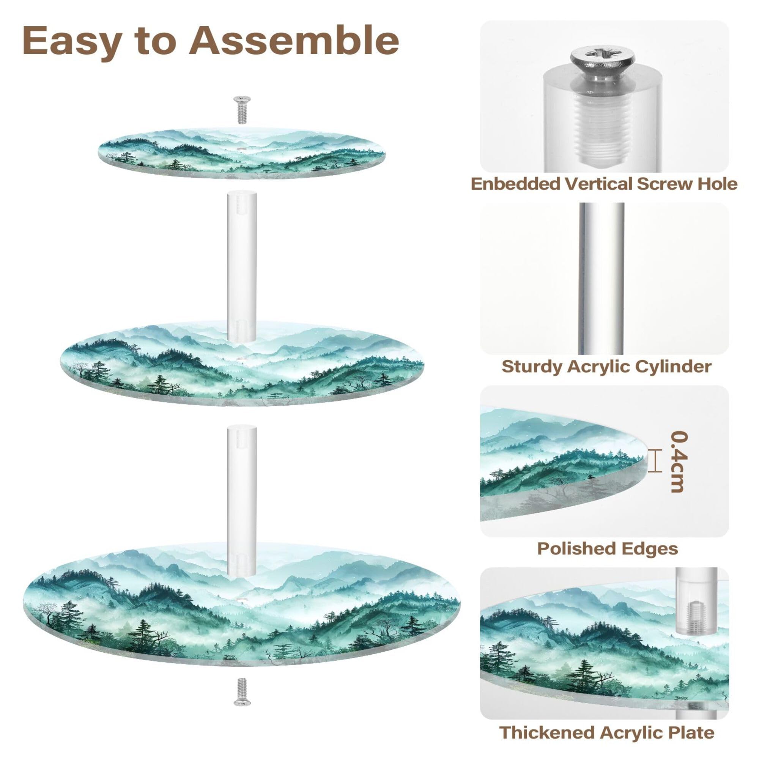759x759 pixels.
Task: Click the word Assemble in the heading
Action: pos(294,41)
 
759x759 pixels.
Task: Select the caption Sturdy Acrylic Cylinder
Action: pos(606,366)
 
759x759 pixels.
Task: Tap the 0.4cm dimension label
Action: pos(679,462)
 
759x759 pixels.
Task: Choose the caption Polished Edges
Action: pos(607,548)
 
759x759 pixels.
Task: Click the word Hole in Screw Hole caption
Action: pos(717,184)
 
